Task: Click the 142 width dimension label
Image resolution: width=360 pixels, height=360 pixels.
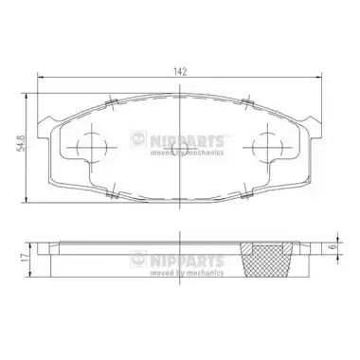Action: pyautogui.click(x=180, y=71)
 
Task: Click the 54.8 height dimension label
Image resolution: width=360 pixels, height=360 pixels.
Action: pyautogui.click(x=21, y=144)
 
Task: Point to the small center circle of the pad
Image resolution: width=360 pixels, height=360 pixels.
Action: pyautogui.click(x=179, y=148)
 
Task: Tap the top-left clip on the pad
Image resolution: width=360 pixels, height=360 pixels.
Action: pyautogui.click(x=111, y=102)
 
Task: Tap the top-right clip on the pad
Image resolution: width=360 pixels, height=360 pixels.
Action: pyautogui.click(x=248, y=102)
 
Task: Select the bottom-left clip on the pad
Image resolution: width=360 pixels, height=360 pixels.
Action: pyautogui.click(x=112, y=194)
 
